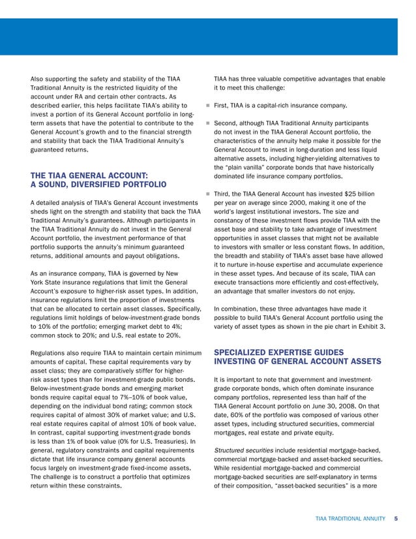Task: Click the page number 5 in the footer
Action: [x=396, y=519]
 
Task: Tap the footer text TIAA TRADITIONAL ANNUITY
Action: [x=351, y=519]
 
